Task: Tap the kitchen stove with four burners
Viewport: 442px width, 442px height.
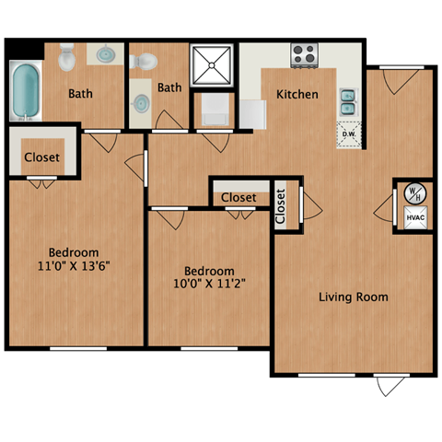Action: click(305, 55)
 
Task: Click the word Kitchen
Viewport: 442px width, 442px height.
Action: click(297, 94)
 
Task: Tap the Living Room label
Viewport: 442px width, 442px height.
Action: click(353, 297)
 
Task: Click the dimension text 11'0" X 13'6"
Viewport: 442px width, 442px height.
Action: click(76, 268)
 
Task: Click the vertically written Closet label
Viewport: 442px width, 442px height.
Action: click(282, 204)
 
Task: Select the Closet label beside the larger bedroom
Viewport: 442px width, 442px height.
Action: click(42, 157)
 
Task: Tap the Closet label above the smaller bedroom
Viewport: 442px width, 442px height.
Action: click(238, 197)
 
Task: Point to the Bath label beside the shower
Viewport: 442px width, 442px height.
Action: click(169, 88)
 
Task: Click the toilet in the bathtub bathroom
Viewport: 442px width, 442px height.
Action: click(66, 59)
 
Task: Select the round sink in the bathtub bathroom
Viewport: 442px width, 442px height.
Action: click(108, 54)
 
